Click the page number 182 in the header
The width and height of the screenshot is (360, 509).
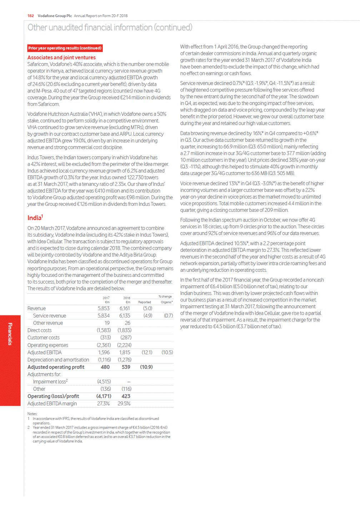click(31, 16)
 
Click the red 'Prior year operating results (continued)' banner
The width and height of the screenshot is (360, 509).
click(65, 48)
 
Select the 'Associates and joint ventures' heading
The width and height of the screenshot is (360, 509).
click(61, 58)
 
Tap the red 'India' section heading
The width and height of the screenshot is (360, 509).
click(35, 218)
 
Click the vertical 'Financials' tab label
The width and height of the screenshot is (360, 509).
click(10, 334)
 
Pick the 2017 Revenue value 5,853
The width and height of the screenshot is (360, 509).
click(104, 308)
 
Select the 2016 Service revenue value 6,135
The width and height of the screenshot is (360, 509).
click(125, 316)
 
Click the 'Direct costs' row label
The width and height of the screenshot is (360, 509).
click(39, 330)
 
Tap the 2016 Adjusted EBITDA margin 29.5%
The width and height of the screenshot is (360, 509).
click(124, 404)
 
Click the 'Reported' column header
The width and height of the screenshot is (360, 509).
click(144, 302)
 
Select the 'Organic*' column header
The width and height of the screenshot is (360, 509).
click(166, 302)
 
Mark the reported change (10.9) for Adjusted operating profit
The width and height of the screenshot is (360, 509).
click(146, 367)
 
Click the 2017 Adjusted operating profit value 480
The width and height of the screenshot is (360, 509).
click(105, 367)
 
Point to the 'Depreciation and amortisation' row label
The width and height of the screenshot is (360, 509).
click(58, 360)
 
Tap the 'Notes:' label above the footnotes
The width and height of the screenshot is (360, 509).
click(32, 414)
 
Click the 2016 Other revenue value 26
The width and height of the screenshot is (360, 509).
click(127, 323)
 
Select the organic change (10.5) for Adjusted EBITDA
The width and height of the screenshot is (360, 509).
click(167, 353)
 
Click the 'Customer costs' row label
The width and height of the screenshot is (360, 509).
click(44, 338)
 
